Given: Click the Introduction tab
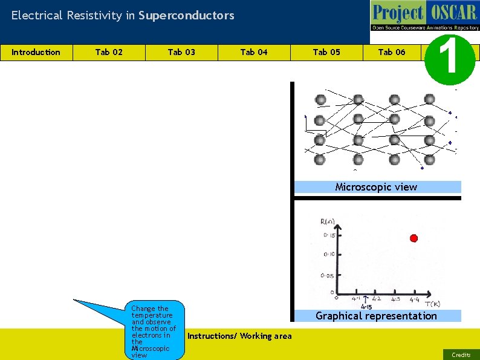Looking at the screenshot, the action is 36,52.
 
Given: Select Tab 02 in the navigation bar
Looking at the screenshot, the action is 109,52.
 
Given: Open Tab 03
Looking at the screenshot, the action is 181,52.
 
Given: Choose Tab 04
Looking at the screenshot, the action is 254,52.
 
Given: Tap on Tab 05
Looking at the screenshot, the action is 326,52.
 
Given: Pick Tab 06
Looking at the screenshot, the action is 392,52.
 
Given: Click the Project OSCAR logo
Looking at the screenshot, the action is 425,16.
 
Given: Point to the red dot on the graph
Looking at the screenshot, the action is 414,238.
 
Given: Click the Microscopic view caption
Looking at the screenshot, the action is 376,187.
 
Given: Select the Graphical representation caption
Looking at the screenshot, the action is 376,316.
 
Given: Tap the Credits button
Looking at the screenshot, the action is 461,355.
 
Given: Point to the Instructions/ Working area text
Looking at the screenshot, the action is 240,336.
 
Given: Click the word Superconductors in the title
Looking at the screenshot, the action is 186,16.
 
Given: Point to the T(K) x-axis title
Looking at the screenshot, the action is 432,304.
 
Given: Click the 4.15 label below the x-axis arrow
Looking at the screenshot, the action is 366,307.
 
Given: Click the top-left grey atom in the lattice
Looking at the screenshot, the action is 320,99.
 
